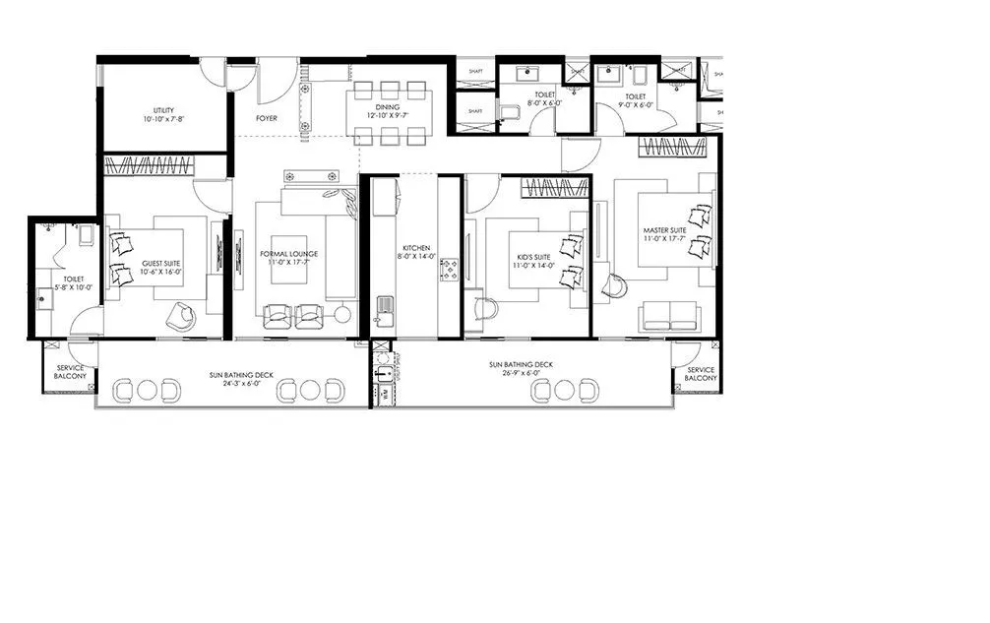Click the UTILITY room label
pos(162,109)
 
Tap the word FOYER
pos(267,118)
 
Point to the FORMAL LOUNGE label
pos(288,253)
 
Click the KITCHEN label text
pos(416,248)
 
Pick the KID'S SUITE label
pos(536,259)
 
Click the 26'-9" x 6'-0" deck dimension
pos(522,373)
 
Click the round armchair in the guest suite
pos(181,316)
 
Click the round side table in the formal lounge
pos(342,315)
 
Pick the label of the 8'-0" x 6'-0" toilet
pos(544,99)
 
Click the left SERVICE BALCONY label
pos(70,372)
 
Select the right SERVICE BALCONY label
pos(701,374)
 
